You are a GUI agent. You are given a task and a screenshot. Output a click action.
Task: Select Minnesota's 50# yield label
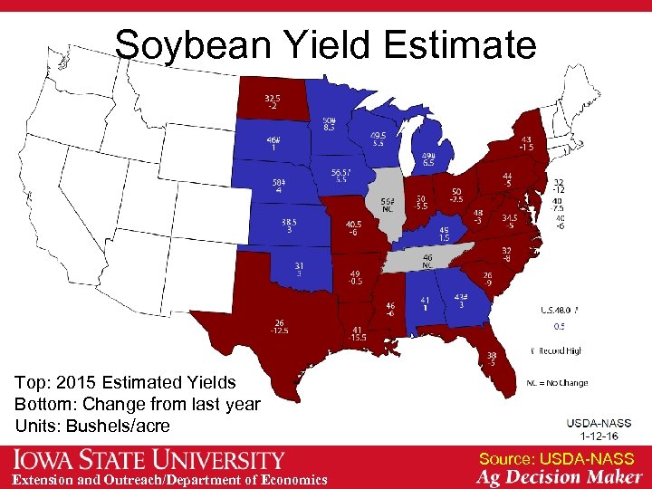pos(329,124)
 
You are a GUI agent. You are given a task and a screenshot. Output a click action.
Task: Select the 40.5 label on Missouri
pos(353,228)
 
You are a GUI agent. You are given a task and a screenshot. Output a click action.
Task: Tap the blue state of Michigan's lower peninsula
pos(428,154)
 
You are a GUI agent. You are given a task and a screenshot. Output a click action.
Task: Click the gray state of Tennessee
pos(426,260)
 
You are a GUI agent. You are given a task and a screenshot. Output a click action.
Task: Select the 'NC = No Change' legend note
pos(557,382)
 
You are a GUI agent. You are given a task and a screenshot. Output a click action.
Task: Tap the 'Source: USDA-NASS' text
pos(556,460)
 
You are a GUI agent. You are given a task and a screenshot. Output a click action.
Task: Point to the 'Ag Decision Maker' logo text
pos(561,477)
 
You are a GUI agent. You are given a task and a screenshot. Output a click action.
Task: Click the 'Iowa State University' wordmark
pos(149,460)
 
